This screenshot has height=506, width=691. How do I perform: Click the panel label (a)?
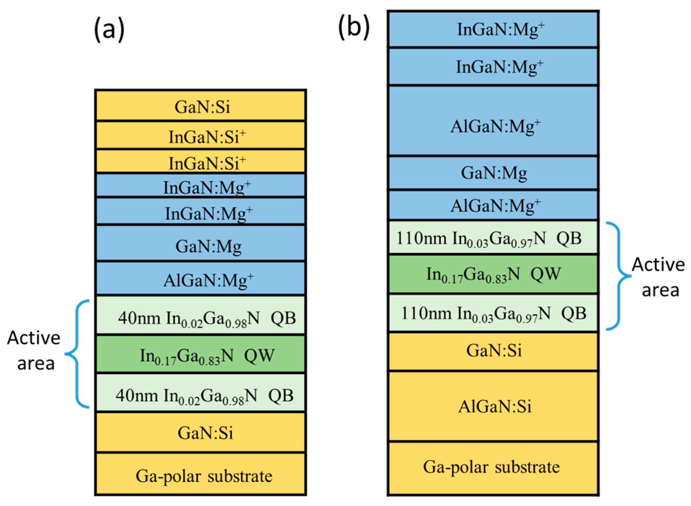(x=109, y=29)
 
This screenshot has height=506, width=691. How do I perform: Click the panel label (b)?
(x=354, y=27)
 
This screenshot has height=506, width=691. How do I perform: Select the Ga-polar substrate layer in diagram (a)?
(x=200, y=474)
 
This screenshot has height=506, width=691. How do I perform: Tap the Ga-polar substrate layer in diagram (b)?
(x=493, y=468)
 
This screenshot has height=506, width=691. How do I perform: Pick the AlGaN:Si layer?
(x=493, y=406)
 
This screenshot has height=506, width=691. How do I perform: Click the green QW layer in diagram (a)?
(x=200, y=355)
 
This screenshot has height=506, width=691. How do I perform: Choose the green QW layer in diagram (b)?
(x=493, y=274)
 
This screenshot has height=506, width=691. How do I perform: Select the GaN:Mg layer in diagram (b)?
(x=493, y=173)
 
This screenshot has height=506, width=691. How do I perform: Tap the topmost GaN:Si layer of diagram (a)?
(x=200, y=106)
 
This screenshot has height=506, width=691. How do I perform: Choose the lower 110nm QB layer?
(x=493, y=313)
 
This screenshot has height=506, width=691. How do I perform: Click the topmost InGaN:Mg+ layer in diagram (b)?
(x=493, y=29)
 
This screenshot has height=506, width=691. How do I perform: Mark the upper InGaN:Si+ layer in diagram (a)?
(x=200, y=136)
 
